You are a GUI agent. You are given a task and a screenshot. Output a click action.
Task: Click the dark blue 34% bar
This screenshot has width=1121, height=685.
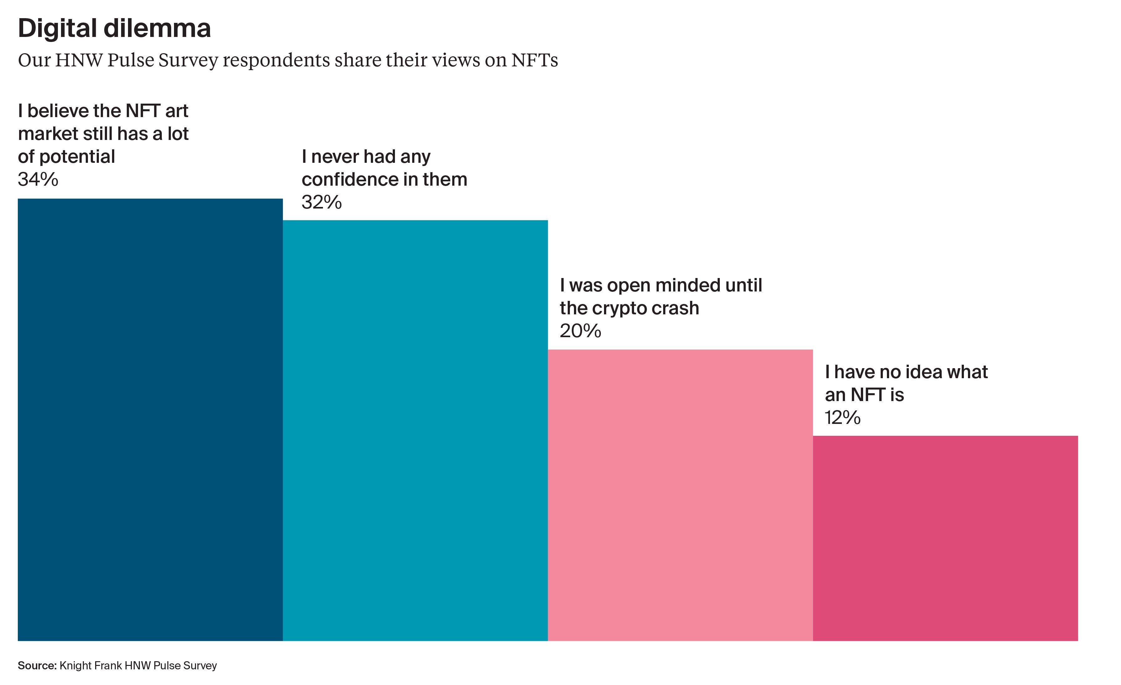pos(150,419)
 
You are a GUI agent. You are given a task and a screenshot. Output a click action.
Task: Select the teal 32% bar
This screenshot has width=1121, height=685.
pos(415,430)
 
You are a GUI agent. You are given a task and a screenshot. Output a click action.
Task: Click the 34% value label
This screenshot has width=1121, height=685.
pos(38,179)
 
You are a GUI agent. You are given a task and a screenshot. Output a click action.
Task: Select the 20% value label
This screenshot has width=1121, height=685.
pos(580,331)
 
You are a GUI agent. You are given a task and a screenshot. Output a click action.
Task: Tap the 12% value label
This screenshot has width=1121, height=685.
pos(842,417)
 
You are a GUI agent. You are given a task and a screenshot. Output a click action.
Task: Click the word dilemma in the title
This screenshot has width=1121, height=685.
pos(157,28)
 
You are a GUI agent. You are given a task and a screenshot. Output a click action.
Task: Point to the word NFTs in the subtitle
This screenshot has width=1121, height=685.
pos(535,60)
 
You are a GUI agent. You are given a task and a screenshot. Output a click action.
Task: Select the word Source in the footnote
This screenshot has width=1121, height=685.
pos(36,665)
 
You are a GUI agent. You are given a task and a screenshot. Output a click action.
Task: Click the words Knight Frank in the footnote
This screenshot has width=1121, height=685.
pos(90,665)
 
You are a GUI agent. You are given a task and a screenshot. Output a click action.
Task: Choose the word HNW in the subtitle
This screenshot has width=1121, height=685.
pos(79,60)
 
